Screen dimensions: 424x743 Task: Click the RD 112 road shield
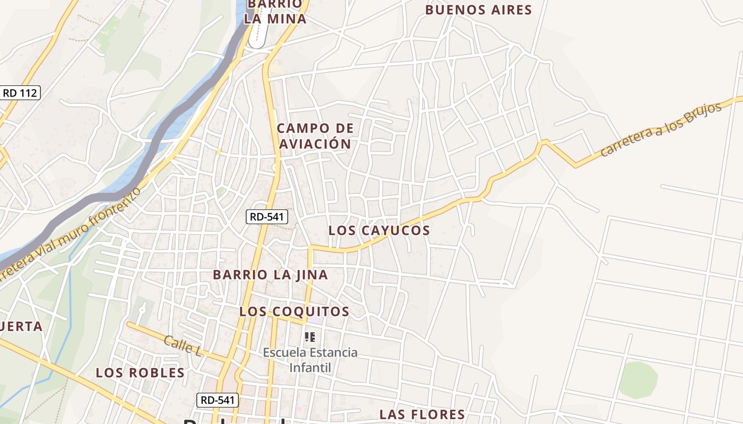point(20,93)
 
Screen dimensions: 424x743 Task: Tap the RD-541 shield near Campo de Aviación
point(267,216)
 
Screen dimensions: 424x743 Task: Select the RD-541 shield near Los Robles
point(218,400)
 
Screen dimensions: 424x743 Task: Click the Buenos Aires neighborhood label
point(478,10)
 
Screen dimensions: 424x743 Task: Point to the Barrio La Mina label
point(275,12)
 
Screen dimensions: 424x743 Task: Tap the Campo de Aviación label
point(315,136)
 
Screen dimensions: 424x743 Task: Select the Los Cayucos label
point(379,230)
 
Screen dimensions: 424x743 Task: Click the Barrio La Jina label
point(270,275)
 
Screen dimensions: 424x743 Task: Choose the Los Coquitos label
point(294,311)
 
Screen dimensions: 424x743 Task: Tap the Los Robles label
point(140,373)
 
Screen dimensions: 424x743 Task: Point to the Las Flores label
point(422,414)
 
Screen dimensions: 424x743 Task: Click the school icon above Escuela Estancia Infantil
point(310,337)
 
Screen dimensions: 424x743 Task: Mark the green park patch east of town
point(638,379)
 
